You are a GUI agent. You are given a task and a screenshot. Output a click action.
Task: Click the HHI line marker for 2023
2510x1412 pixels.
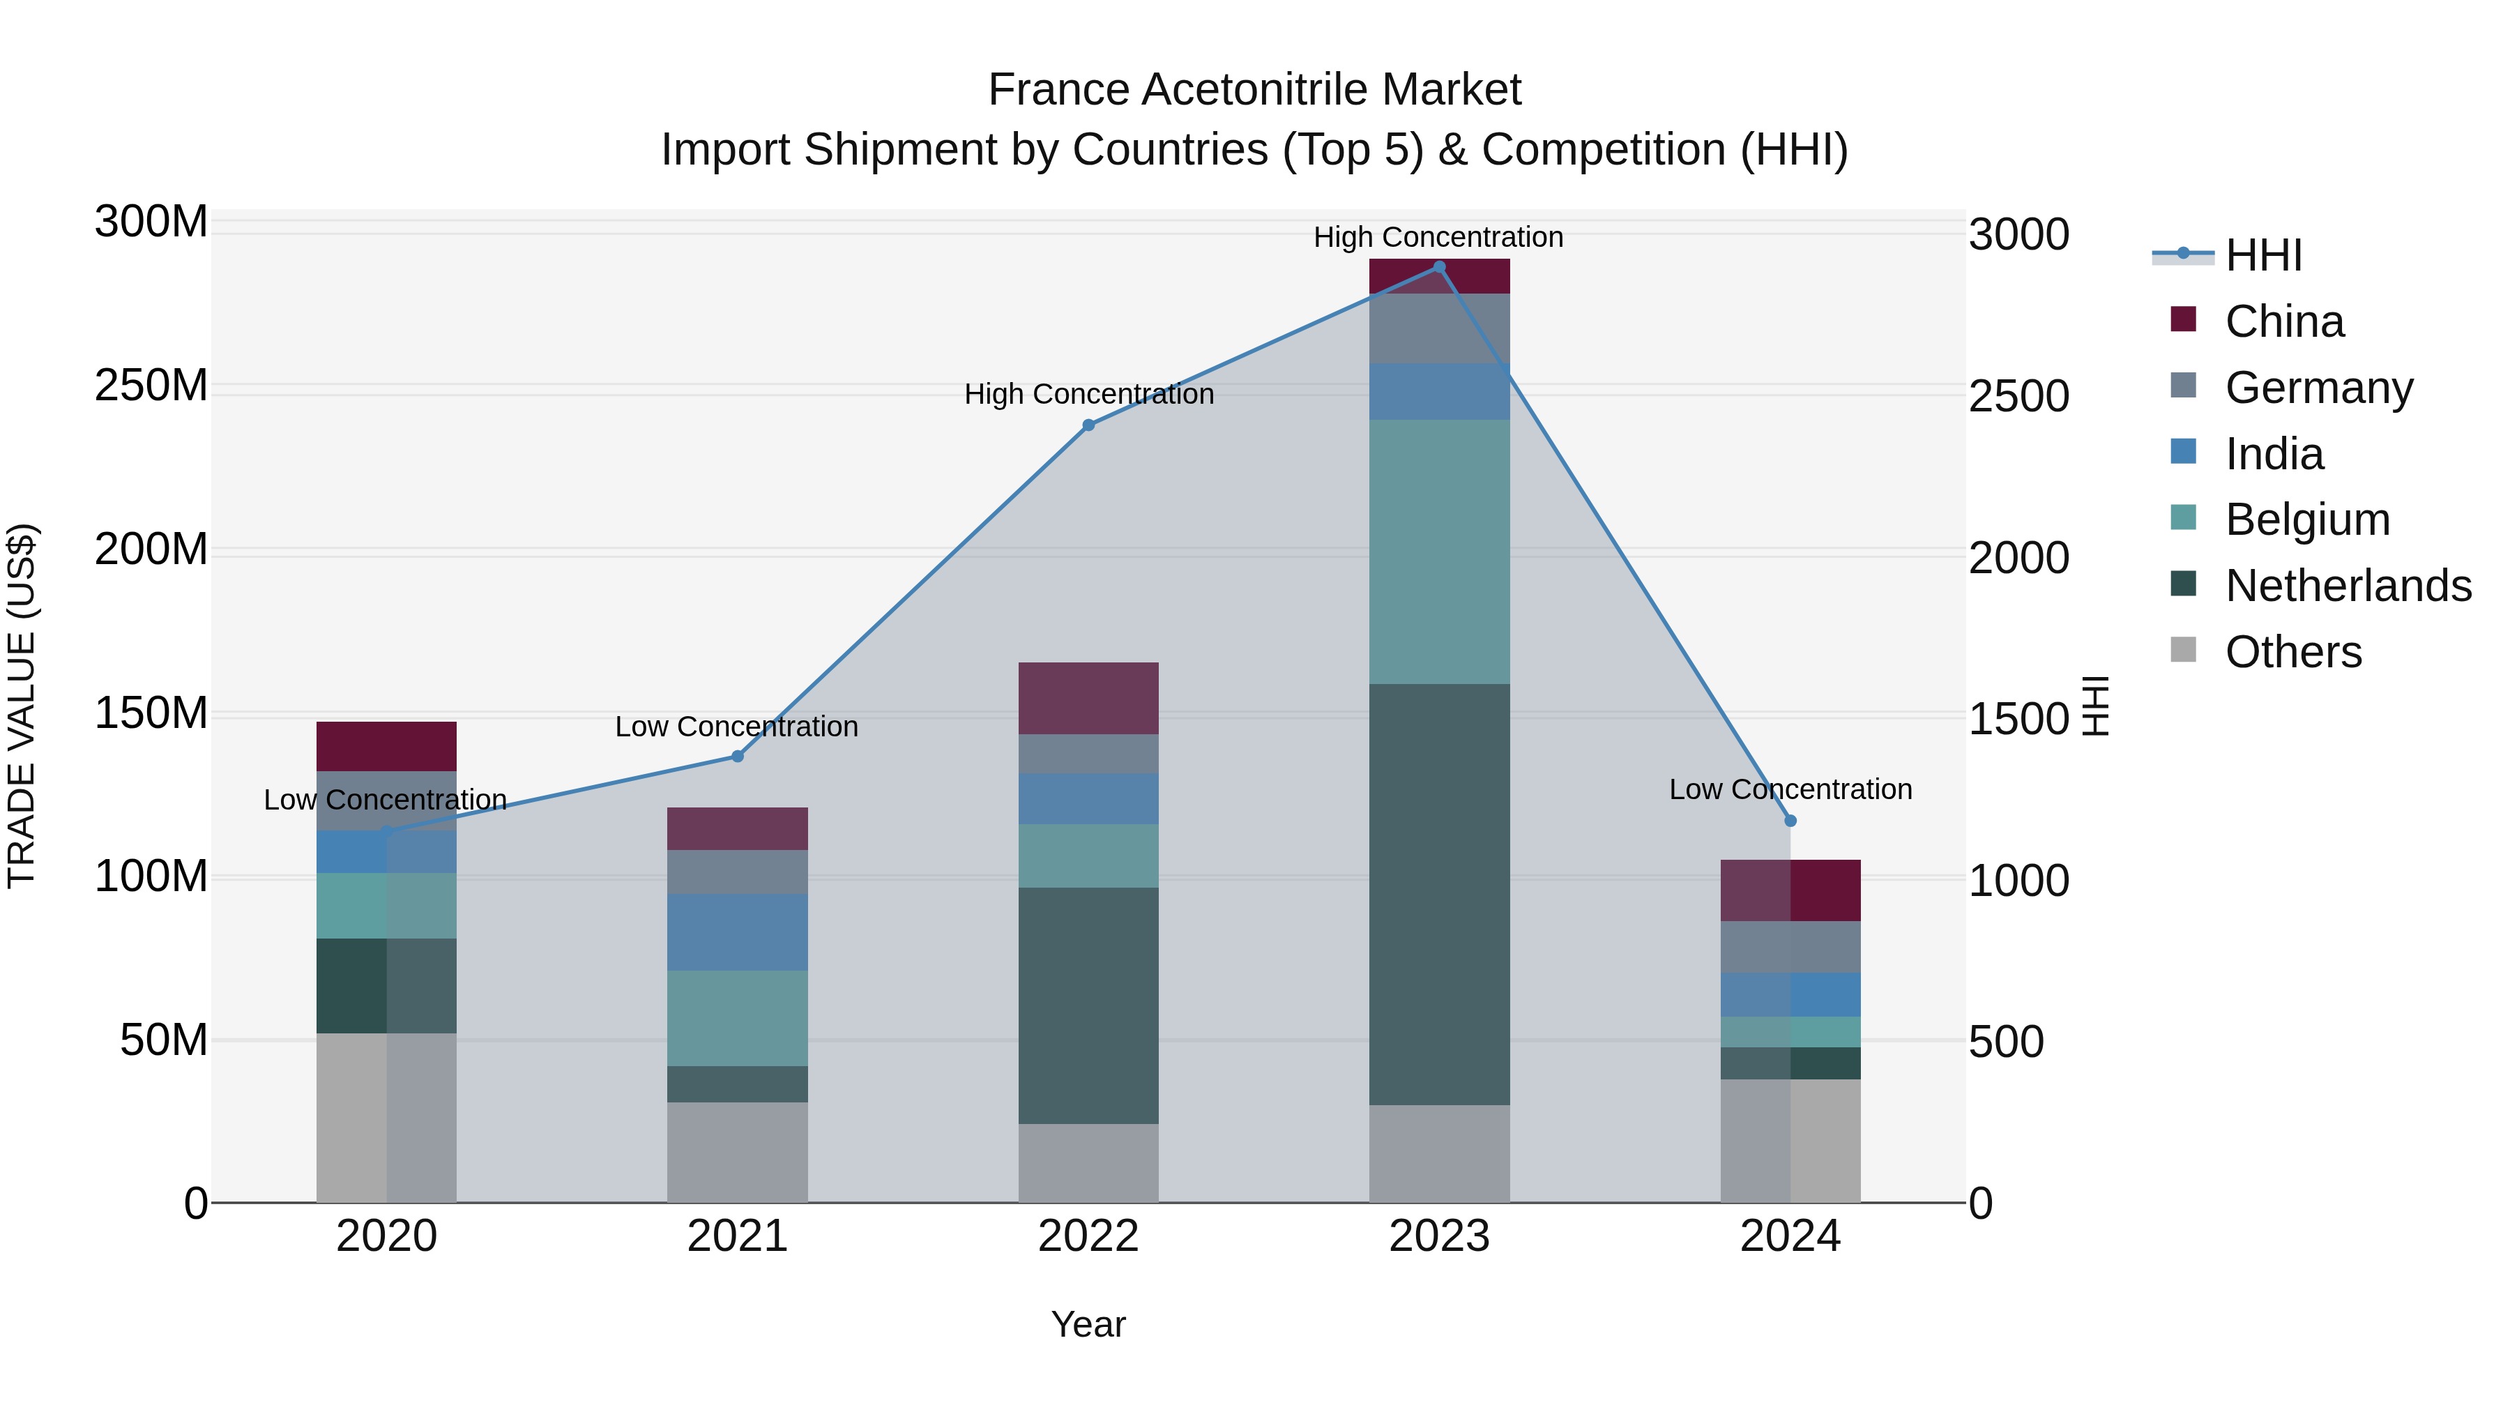[1439, 267]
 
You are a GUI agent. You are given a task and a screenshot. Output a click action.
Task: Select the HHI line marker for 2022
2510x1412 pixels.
[1088, 425]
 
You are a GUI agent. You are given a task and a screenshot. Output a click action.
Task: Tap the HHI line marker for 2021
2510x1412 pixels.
[738, 756]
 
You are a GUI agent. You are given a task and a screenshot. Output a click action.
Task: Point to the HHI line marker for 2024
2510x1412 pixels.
[1790, 821]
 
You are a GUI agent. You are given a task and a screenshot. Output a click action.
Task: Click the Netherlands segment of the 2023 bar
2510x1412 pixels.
[1439, 894]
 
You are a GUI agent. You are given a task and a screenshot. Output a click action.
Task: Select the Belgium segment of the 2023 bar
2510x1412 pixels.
[1439, 552]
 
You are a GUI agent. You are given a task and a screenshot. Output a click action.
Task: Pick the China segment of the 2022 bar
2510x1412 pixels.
[1088, 698]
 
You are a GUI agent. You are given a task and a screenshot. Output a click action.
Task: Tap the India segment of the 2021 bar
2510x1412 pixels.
[738, 932]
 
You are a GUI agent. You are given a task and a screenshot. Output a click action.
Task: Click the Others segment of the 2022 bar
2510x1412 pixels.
[1088, 1162]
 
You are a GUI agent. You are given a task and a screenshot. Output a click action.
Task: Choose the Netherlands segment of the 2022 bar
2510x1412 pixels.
[1088, 1005]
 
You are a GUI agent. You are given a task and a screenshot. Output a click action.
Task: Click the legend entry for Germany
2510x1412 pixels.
[2318, 388]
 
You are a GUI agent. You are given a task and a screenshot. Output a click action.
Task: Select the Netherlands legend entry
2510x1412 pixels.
[2348, 586]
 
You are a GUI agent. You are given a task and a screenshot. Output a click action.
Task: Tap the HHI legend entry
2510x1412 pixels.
[2262, 255]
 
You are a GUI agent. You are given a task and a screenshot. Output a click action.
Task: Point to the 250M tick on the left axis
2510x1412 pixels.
[151, 386]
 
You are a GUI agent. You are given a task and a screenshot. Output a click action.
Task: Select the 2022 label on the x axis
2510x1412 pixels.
[1088, 1236]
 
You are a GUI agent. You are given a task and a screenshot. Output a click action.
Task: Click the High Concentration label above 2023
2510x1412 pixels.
[1438, 237]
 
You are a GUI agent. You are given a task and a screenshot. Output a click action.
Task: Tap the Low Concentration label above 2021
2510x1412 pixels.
[737, 726]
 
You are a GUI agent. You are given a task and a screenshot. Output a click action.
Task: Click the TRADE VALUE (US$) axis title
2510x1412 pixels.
[22, 706]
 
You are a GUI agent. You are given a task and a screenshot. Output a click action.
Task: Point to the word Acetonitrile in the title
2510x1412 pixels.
[1256, 90]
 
